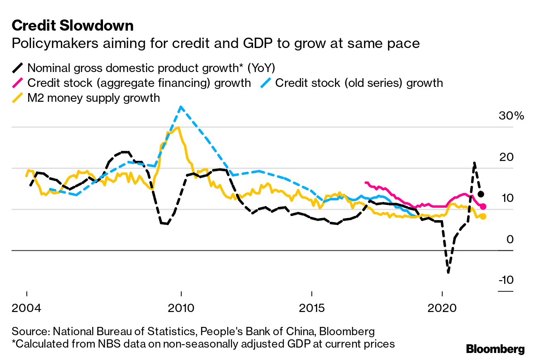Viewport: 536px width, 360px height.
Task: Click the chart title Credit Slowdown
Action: [72, 26]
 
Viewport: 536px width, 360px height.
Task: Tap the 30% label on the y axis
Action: [511, 116]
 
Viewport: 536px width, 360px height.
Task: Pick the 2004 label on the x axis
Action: [27, 309]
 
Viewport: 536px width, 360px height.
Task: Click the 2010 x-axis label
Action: [181, 309]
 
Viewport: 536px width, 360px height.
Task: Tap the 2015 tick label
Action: [311, 309]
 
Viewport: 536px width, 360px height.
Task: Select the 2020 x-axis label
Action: [442, 309]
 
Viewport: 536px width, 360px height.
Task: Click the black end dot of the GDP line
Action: [481, 194]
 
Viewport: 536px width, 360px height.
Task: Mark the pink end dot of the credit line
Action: [483, 206]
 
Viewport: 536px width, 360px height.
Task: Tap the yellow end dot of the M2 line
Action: [483, 216]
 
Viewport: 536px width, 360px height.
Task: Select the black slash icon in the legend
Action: [18, 68]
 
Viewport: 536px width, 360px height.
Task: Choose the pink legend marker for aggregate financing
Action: [18, 83]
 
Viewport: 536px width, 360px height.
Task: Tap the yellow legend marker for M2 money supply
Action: [18, 98]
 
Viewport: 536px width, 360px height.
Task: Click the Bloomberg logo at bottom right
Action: [495, 349]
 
